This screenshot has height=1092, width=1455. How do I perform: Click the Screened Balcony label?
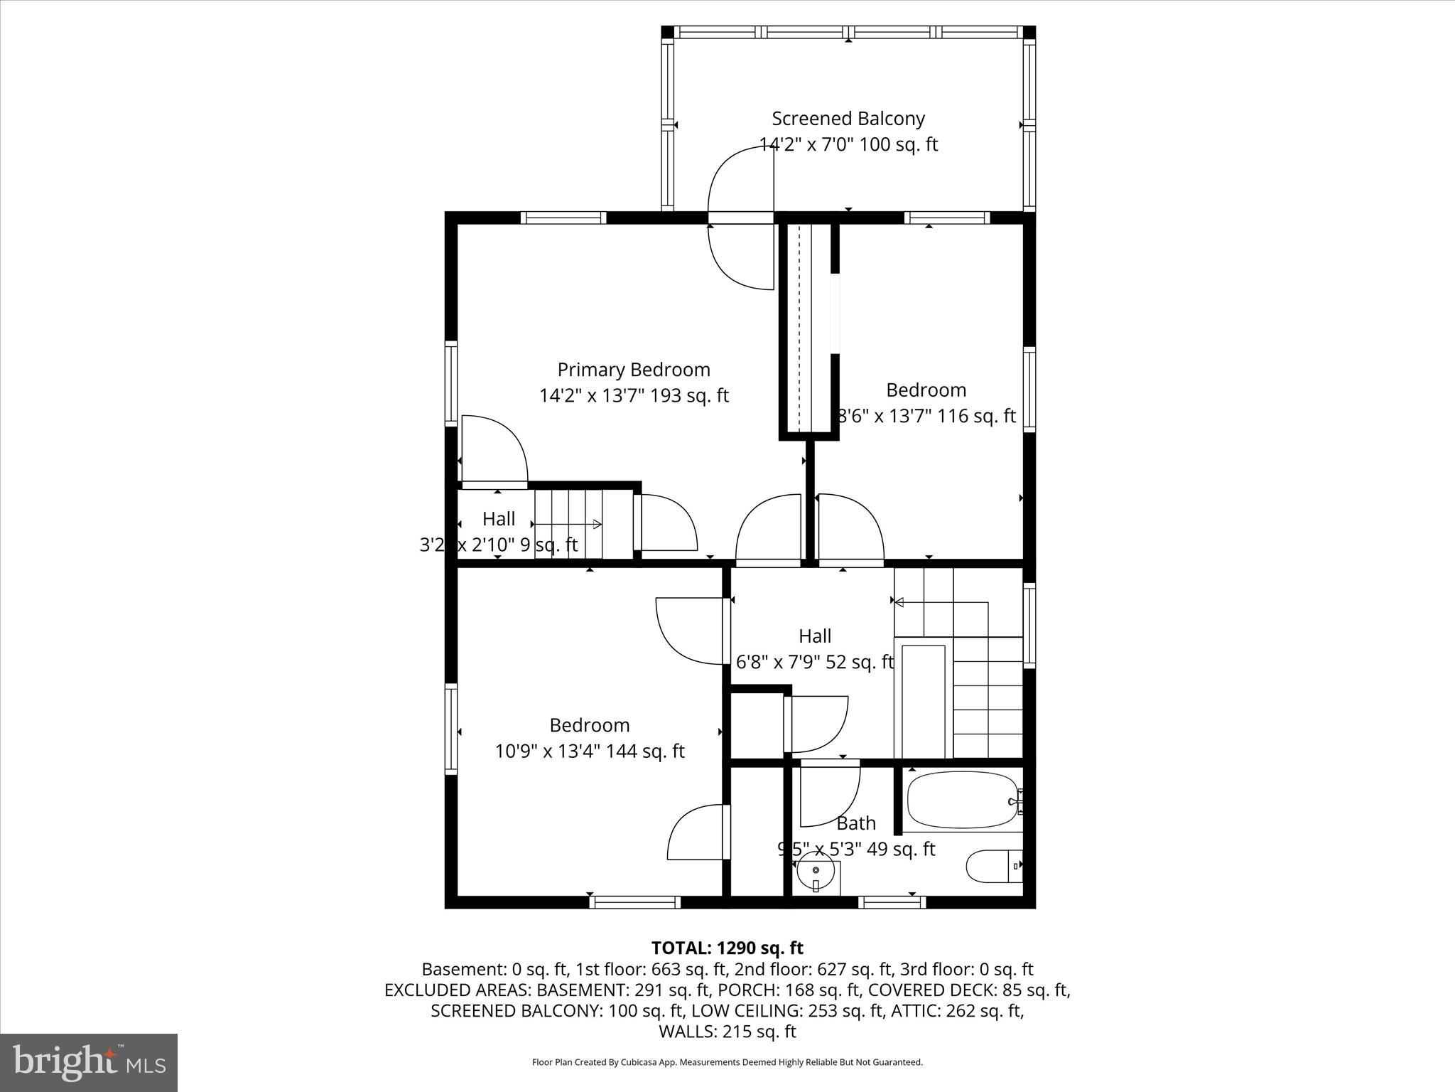(x=848, y=119)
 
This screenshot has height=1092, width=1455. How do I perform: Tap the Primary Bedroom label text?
(x=634, y=370)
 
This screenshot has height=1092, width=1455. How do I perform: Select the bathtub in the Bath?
(x=963, y=800)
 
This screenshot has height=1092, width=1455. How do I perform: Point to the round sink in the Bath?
(x=816, y=870)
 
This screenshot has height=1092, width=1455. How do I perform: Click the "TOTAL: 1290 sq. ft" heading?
(x=727, y=948)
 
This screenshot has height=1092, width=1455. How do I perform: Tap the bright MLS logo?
(x=89, y=1063)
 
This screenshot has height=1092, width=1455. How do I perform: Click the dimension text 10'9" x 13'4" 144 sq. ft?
(x=590, y=751)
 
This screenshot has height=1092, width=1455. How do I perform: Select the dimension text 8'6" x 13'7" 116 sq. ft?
(x=926, y=416)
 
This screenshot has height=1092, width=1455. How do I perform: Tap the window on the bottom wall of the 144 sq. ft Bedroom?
(x=634, y=902)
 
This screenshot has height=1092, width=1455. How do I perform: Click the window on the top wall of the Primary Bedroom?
(x=563, y=218)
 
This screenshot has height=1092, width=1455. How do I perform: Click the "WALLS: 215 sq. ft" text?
(x=727, y=1032)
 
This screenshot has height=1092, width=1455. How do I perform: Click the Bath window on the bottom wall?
(x=892, y=902)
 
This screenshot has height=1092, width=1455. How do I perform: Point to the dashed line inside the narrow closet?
(x=799, y=327)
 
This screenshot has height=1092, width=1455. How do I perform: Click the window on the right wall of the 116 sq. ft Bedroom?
(x=1029, y=387)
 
